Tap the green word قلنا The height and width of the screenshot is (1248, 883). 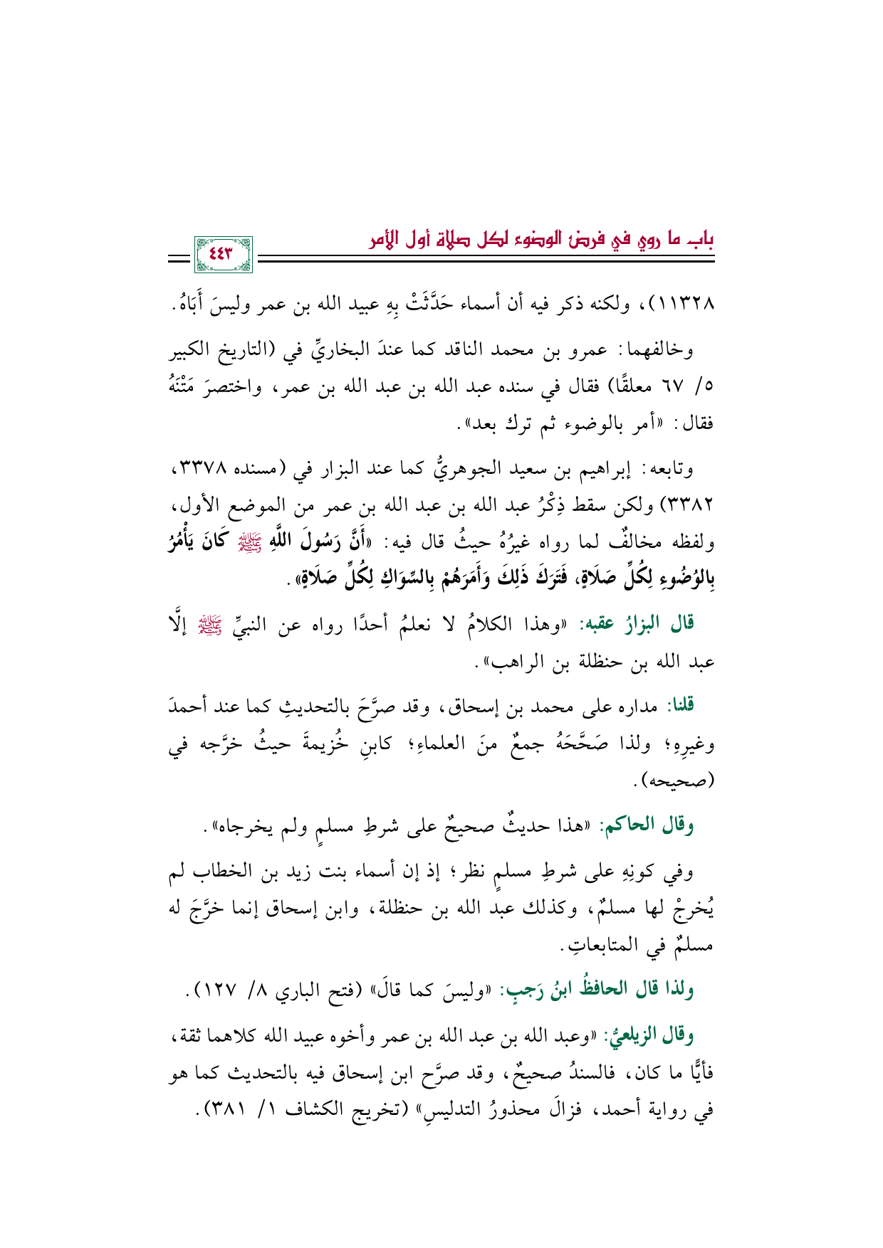click(679, 704)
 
